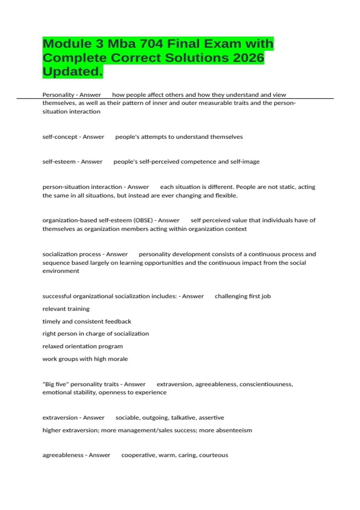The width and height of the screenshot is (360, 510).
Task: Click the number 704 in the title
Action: (x=151, y=44)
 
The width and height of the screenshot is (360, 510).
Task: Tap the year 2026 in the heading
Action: (x=248, y=58)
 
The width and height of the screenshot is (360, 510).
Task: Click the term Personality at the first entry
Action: (x=58, y=95)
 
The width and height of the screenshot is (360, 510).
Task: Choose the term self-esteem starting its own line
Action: (x=59, y=162)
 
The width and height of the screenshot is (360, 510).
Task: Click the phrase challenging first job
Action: (x=243, y=296)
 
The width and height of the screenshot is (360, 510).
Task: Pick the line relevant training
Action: (x=66, y=309)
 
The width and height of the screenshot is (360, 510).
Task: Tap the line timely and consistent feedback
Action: (x=87, y=321)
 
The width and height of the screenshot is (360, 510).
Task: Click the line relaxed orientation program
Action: (x=82, y=346)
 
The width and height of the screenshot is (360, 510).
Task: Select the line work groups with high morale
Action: (x=85, y=359)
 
